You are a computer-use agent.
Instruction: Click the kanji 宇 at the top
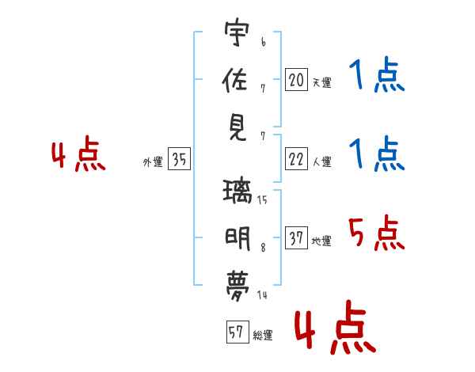(237, 34)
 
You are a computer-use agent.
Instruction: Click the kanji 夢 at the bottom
(237, 282)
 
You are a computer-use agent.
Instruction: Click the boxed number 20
(296, 79)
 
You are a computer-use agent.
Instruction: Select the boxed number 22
(296, 159)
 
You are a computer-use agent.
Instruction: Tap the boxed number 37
(296, 238)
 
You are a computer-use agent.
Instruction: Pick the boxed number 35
(179, 159)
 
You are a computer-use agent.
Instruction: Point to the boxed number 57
(236, 332)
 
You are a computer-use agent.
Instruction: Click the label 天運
(321, 82)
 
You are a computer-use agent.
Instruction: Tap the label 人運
(321, 162)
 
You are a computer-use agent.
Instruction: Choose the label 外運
(153, 162)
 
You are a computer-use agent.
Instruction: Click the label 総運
(263, 336)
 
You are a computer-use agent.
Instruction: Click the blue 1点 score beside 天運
(376, 78)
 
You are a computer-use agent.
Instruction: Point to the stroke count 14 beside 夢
(261, 294)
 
